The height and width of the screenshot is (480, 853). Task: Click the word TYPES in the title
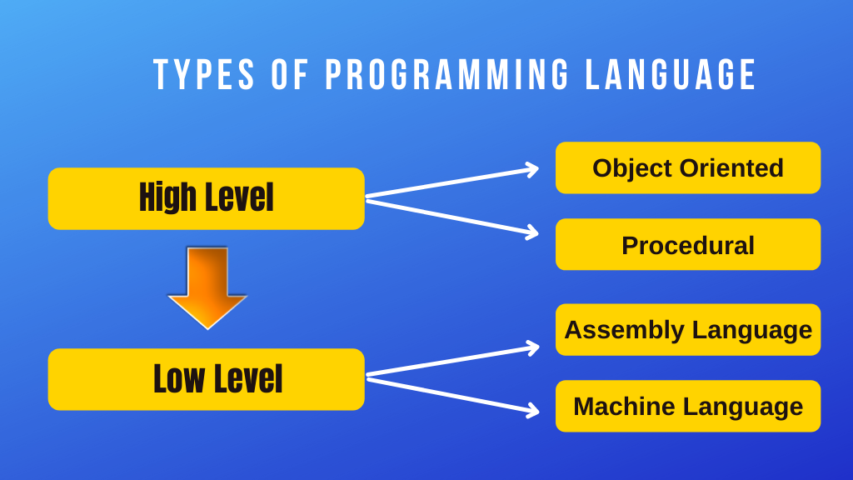205,75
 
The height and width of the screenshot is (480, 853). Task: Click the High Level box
206,198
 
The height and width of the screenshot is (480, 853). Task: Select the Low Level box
206,379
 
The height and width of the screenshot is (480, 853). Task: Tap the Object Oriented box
688,167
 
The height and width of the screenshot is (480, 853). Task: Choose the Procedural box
688,245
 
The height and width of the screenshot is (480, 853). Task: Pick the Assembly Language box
688,330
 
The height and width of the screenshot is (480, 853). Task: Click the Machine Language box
688,407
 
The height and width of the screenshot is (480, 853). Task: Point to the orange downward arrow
207,287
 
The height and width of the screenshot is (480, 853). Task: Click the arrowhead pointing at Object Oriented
531,170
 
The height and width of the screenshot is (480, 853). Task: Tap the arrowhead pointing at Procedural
531,232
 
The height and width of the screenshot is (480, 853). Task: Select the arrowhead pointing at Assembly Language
531,347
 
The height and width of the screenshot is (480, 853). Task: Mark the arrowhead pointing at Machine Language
531,409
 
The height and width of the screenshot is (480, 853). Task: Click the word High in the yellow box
167,198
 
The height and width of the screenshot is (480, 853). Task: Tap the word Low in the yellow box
179,379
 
